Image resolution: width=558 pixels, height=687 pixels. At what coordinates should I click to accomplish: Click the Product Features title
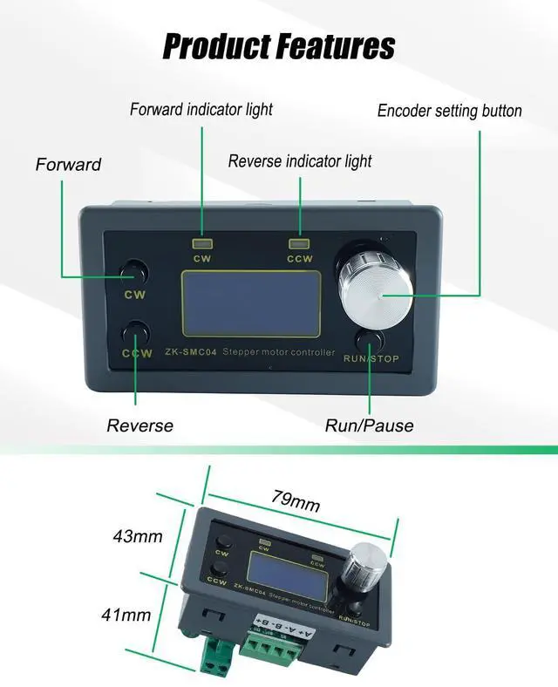[279, 45]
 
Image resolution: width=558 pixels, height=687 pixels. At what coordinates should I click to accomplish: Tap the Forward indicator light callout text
[201, 110]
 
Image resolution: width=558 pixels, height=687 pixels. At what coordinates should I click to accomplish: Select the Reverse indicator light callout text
[300, 161]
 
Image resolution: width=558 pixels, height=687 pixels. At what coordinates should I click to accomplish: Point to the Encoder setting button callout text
[449, 111]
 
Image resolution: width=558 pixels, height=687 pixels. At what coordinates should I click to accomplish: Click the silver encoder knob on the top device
[376, 292]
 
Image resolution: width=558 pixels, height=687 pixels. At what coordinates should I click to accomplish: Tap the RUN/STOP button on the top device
[370, 339]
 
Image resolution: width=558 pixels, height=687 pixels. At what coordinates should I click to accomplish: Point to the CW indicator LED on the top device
[203, 244]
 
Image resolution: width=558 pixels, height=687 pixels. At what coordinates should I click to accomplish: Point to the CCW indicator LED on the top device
[300, 244]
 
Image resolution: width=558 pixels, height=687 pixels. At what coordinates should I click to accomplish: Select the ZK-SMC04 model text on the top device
[191, 353]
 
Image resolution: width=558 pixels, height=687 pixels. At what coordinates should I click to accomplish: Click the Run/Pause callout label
[369, 426]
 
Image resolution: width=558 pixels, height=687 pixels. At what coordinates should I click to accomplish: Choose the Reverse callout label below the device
[139, 426]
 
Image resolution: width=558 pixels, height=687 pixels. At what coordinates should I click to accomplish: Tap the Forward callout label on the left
[68, 165]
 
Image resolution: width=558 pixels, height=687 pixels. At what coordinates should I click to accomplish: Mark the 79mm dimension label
[296, 501]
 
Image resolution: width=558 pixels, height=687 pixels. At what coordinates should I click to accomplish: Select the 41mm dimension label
[126, 615]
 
